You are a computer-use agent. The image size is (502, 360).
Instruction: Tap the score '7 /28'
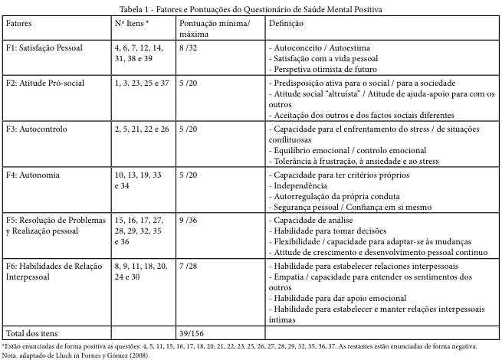tap(188, 265)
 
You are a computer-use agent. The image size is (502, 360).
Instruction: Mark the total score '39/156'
tap(192, 333)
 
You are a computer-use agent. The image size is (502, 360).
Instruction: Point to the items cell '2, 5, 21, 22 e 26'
tap(143, 129)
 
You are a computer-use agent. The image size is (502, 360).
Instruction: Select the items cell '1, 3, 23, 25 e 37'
tap(143, 82)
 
